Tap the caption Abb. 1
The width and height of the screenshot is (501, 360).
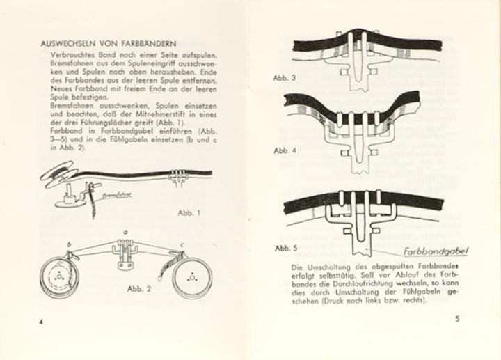point(189,213)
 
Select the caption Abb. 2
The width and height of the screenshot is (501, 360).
point(139,289)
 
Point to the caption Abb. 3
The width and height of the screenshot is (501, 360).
point(285,78)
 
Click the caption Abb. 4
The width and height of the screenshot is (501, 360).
point(285,150)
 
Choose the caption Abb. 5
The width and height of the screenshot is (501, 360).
point(286,248)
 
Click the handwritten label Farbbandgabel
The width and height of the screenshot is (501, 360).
point(436,251)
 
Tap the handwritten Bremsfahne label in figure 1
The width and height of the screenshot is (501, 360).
point(118,195)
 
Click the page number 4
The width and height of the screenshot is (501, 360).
point(41,322)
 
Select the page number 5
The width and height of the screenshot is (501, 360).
point(457,319)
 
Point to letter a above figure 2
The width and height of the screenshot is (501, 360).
point(125,233)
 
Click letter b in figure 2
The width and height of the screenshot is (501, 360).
point(69,245)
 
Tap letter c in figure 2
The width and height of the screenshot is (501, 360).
point(182,245)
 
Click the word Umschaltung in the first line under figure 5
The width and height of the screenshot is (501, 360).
point(325,266)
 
